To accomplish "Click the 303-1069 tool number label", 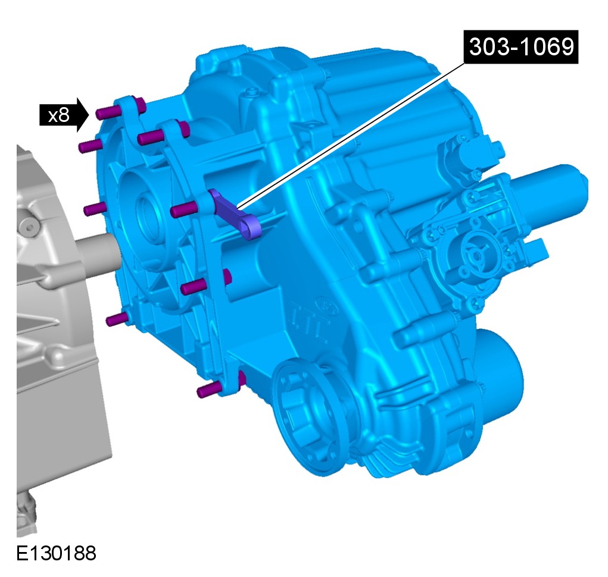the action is click(520, 47).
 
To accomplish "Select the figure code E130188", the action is click(56, 553).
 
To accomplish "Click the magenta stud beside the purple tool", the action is click(184, 209).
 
